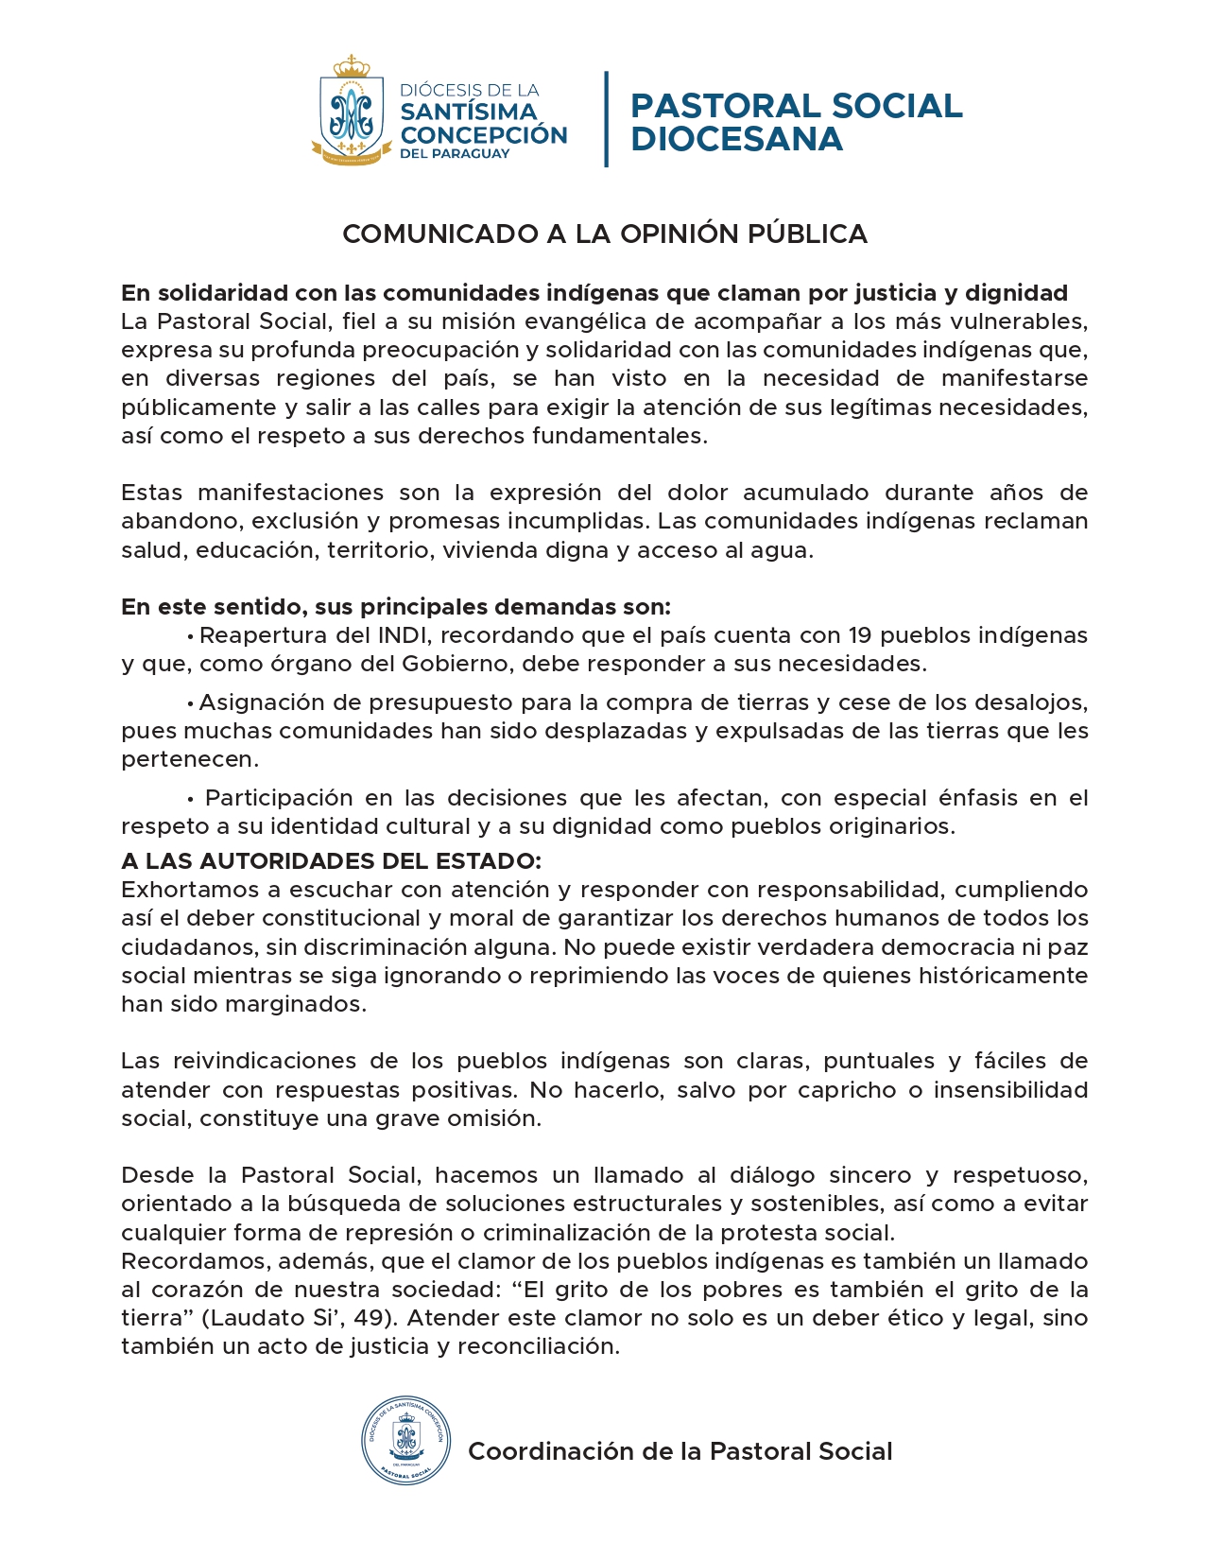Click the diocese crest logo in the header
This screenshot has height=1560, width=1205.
pyautogui.click(x=352, y=112)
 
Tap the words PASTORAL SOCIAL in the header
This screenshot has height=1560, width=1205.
pyautogui.click(x=796, y=106)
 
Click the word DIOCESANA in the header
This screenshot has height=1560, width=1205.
pyautogui.click(x=736, y=139)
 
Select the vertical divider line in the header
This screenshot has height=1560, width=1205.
pyautogui.click(x=606, y=119)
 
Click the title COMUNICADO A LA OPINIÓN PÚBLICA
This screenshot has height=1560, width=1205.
pyautogui.click(x=604, y=234)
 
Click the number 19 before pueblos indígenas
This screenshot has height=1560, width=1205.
pyautogui.click(x=859, y=635)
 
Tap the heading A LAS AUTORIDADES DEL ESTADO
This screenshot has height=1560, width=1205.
pyautogui.click(x=331, y=861)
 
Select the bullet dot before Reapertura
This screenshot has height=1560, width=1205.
pyautogui.click(x=191, y=636)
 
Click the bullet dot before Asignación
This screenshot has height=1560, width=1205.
pyautogui.click(x=191, y=703)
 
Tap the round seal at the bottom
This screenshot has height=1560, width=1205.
pyautogui.click(x=405, y=1440)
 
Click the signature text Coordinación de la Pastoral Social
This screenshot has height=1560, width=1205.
pyautogui.click(x=680, y=1451)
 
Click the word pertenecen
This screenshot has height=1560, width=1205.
pyautogui.click(x=189, y=760)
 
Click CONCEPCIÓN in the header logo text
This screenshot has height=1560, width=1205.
pyautogui.click(x=483, y=134)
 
